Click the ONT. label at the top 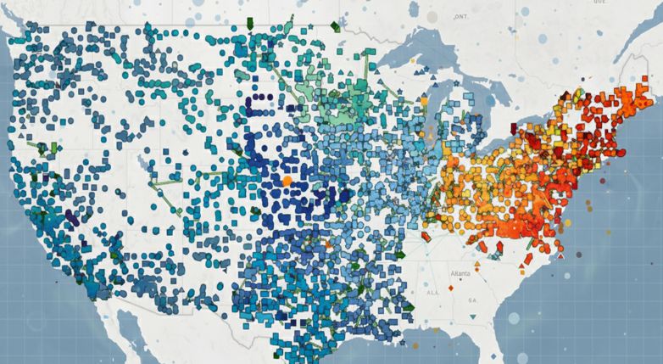[461, 17]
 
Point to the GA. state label [475, 300]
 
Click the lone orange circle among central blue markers [287, 181]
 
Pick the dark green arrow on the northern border [252, 22]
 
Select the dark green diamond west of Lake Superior [335, 26]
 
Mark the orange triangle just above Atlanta [476, 265]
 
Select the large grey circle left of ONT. [432, 17]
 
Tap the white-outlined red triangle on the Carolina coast [560, 255]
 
